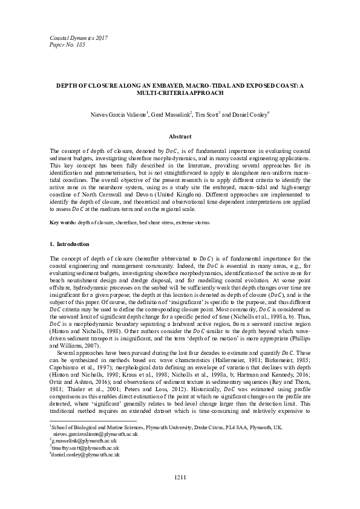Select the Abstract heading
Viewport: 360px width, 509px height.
(180, 137)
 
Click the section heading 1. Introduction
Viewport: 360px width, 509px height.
(70, 244)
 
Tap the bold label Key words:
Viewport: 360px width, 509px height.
(62, 223)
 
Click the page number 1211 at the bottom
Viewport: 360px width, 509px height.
(180, 478)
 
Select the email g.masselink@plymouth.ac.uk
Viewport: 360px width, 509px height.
(82, 441)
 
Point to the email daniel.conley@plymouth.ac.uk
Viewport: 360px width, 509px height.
(85, 454)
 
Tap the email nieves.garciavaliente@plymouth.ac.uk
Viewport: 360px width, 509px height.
(96, 434)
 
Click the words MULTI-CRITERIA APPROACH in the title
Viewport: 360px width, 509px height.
(180, 94)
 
